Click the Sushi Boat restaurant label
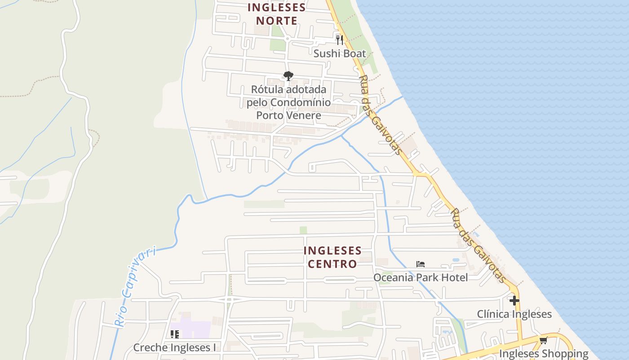340,54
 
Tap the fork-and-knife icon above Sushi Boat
340,40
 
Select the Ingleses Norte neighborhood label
276,14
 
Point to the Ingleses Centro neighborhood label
332,257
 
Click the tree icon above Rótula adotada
288,76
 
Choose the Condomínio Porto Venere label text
288,108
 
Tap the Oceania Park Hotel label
421,277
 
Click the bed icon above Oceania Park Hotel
421,264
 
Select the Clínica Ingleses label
514,314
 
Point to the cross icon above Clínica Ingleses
514,301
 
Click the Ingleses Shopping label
544,353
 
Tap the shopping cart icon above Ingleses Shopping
543,341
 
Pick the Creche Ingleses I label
174,347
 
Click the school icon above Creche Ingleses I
175,334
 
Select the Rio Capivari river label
134,286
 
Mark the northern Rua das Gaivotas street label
380,115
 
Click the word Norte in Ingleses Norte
276,21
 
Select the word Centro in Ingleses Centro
332,264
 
